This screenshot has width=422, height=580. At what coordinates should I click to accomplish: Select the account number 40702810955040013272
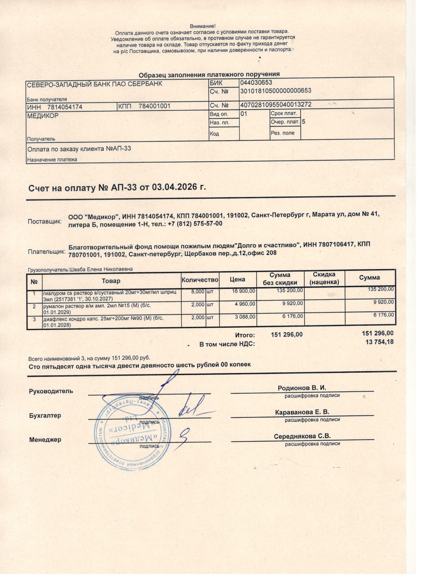tap(276, 104)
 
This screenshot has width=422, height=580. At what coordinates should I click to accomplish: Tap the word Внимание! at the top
tap(202, 26)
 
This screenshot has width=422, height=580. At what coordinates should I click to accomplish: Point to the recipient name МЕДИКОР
tap(43, 116)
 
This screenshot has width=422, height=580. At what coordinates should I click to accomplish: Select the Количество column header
tap(200, 280)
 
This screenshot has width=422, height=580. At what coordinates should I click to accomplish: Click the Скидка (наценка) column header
tap(324, 278)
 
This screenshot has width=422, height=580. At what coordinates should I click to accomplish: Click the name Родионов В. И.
tap(302, 388)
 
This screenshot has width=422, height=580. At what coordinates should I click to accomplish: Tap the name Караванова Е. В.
tap(302, 412)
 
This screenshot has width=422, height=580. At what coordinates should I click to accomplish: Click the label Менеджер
tap(45, 440)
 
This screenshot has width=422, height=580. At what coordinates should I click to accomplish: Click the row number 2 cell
tap(34, 306)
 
